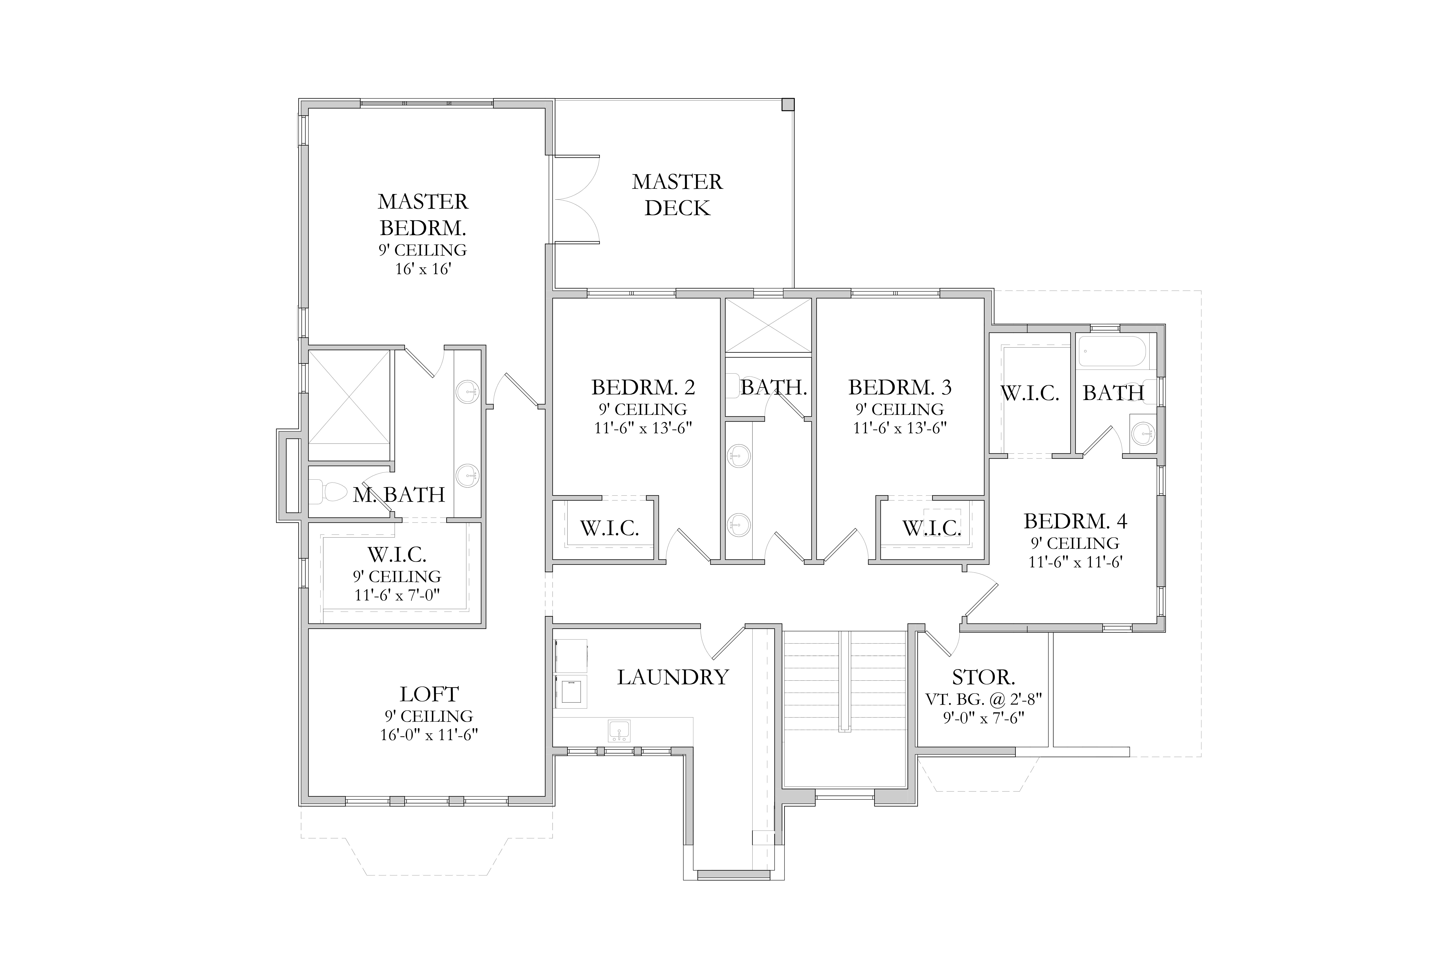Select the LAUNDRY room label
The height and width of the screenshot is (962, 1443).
(673, 677)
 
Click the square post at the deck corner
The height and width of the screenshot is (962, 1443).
(788, 104)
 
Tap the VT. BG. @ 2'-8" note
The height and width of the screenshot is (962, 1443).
(983, 699)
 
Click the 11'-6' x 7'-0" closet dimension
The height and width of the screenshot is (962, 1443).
(397, 595)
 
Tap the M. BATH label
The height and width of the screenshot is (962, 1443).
(399, 494)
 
